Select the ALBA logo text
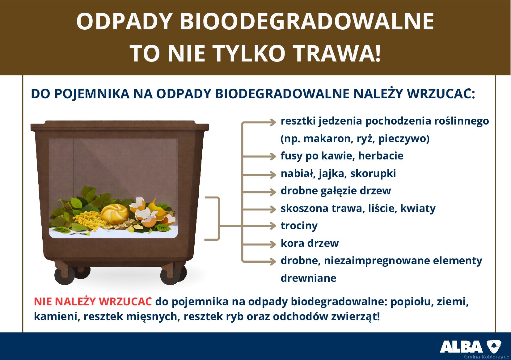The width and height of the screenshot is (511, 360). pos(461,347)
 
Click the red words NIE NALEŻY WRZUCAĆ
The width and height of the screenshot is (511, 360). pos(93,302)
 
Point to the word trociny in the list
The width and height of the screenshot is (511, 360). pos(299,226)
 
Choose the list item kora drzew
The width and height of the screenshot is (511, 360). pos(310,243)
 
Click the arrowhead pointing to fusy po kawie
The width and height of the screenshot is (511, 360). pos(272,156)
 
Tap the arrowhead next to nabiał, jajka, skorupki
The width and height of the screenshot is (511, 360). pos(272,174)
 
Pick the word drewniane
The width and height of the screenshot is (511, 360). pos(308,278)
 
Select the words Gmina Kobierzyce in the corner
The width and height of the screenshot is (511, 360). pos(486,357)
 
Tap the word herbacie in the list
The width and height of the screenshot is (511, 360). pos(381,156)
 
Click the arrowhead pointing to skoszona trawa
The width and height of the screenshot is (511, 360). pos(272,209)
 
